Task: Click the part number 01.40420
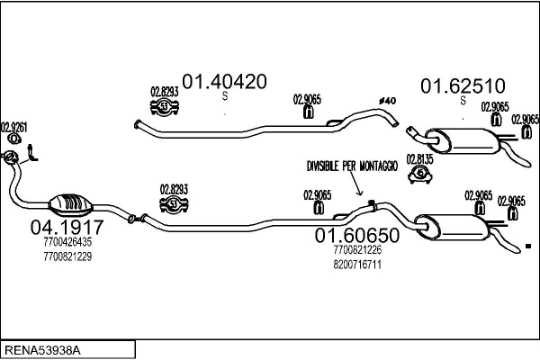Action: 225,80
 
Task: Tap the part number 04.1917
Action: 67,227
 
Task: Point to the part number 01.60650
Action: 356,235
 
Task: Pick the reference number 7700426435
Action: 67,242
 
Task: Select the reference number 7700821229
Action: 67,256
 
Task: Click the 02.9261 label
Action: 13,127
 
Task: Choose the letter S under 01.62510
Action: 462,102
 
